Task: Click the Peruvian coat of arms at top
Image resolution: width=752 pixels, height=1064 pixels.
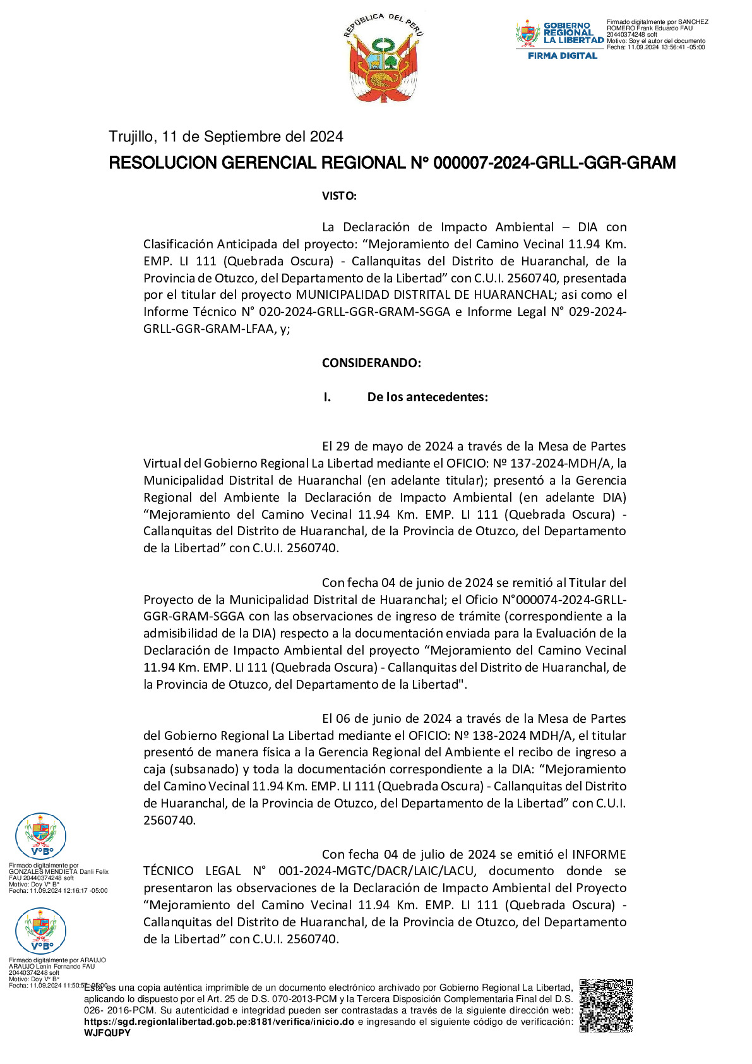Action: click(384, 58)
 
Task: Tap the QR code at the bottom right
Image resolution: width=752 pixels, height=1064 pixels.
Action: click(606, 1005)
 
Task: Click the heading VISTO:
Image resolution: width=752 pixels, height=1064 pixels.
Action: click(339, 196)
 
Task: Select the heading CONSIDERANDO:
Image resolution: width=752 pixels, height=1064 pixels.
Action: click(371, 363)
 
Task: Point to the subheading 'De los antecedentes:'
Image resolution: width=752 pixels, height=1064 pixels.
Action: click(427, 397)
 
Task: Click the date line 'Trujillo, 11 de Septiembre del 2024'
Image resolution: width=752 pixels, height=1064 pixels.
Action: click(226, 137)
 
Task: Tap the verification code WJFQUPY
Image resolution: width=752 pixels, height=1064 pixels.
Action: click(107, 1033)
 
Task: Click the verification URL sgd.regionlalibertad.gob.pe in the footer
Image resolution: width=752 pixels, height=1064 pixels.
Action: click(219, 1022)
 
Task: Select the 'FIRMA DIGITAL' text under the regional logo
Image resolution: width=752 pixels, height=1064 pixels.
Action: click(563, 56)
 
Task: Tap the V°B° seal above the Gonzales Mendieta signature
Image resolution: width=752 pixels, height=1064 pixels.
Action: click(40, 836)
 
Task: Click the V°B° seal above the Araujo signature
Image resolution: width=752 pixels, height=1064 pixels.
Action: click(40, 931)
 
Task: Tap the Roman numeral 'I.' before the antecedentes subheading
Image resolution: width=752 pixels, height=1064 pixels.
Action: click(327, 397)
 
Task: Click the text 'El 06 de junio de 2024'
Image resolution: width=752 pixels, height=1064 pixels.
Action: click(387, 719)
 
